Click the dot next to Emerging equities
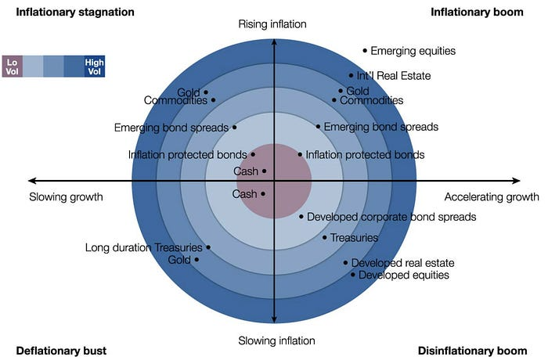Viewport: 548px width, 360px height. pos(365,51)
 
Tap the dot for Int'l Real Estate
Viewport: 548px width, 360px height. pos(351,75)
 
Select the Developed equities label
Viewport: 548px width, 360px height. pos(404,275)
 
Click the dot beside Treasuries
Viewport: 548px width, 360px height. pos(325,238)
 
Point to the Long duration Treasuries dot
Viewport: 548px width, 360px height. pos(208,247)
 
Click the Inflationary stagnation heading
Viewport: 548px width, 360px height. pos(75,13)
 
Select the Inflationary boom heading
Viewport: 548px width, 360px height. pos(477,13)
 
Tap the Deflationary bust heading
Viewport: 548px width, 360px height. pos(61,351)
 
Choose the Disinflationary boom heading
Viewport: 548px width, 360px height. pos(473,351)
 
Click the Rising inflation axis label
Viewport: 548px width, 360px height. pos(272,24)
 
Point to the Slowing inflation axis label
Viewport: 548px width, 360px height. pos(276,340)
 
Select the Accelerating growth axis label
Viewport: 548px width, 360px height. pos(492,197)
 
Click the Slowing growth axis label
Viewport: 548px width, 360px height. pos(66,197)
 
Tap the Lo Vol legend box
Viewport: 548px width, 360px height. pos(13,67)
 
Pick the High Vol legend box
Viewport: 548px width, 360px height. pos(95,67)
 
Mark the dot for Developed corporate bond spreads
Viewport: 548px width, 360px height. pos(301,217)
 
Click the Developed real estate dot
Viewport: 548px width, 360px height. pos(346,263)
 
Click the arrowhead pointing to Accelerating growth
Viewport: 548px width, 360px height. pos(517,181)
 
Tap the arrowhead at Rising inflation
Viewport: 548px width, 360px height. pos(274,42)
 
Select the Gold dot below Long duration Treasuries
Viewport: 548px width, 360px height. pos(196,260)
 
